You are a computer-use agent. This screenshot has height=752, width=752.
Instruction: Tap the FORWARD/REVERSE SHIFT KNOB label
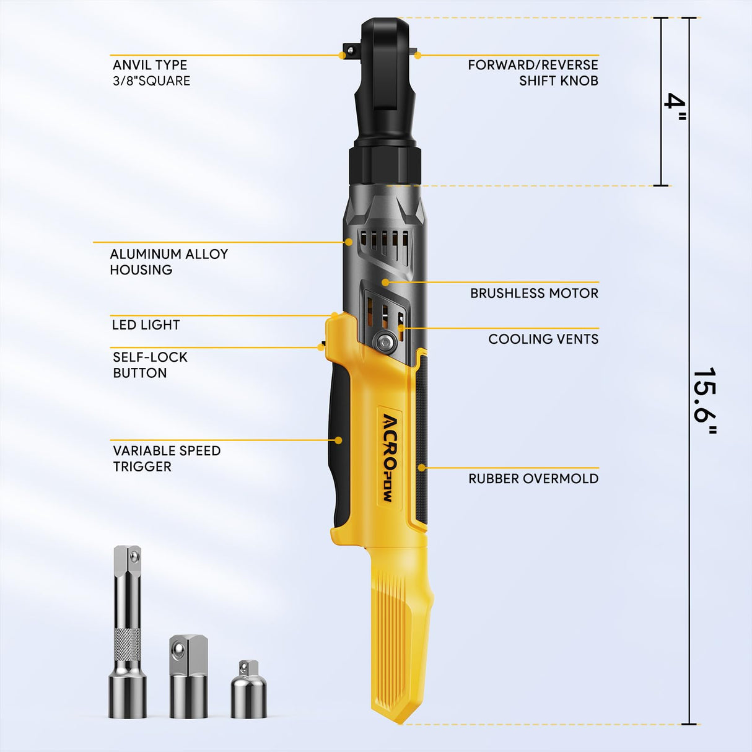pyautogui.click(x=533, y=72)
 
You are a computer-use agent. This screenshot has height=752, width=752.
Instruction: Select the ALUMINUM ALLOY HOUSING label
pyautogui.click(x=168, y=261)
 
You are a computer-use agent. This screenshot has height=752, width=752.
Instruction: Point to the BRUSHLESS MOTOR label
pyautogui.click(x=534, y=293)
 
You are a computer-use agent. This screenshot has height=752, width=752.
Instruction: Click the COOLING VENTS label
pyautogui.click(x=543, y=339)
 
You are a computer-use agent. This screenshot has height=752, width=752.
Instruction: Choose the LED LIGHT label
pyautogui.click(x=146, y=325)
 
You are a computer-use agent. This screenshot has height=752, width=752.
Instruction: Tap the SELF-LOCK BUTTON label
pyautogui.click(x=150, y=365)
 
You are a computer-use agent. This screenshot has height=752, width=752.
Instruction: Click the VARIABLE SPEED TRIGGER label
pyautogui.click(x=166, y=458)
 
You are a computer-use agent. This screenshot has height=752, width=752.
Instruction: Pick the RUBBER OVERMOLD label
pyautogui.click(x=533, y=478)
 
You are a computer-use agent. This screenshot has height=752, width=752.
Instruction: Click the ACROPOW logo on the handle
pyautogui.click(x=390, y=457)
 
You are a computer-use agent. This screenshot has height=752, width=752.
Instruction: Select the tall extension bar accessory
pyautogui.click(x=128, y=632)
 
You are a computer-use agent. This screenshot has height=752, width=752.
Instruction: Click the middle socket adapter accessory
pyautogui.click(x=188, y=676)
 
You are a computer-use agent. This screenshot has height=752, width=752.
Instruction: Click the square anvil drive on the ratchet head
pyautogui.click(x=350, y=50)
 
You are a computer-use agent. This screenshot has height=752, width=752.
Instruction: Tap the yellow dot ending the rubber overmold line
pyautogui.click(x=421, y=468)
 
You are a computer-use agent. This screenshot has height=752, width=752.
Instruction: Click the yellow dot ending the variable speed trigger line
pyautogui.click(x=338, y=440)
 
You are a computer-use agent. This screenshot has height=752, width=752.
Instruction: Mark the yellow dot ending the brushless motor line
pyautogui.click(x=385, y=282)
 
